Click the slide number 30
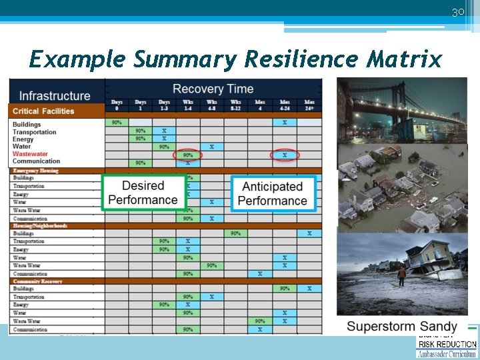tap(457, 12)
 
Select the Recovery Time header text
tap(213, 89)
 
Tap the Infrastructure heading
tap(55, 96)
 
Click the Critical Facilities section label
tap(43, 111)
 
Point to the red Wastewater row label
tap(31, 154)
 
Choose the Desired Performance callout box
tap(143, 193)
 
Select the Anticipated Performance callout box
tap(272, 194)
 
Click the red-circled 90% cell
tap(188, 155)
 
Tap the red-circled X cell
tap(285, 155)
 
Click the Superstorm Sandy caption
tap(402, 326)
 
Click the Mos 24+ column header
tap(309, 105)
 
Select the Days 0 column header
tap(117, 105)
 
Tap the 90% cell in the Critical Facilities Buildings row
tap(117, 123)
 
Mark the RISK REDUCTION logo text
tap(447, 345)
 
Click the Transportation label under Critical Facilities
tap(35, 132)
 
